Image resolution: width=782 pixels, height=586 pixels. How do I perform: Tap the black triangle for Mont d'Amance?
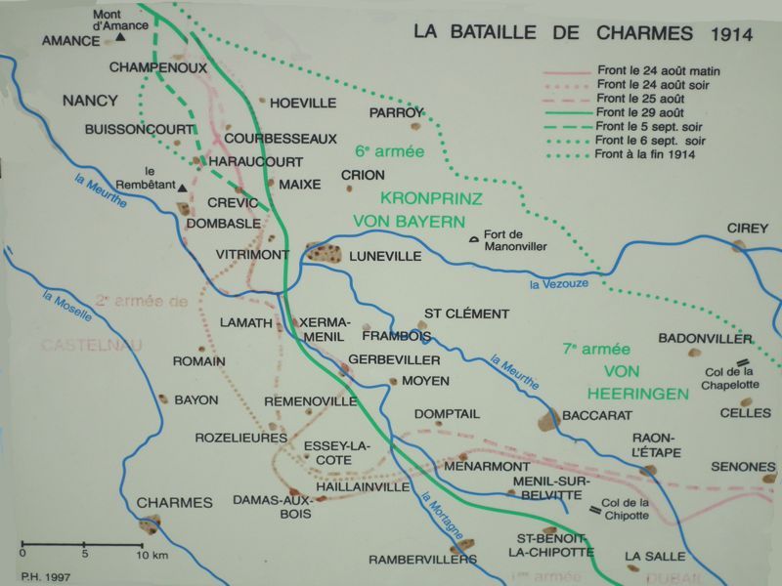120,37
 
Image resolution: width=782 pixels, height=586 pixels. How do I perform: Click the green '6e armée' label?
381,152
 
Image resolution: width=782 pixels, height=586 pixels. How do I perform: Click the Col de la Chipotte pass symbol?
592,509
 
